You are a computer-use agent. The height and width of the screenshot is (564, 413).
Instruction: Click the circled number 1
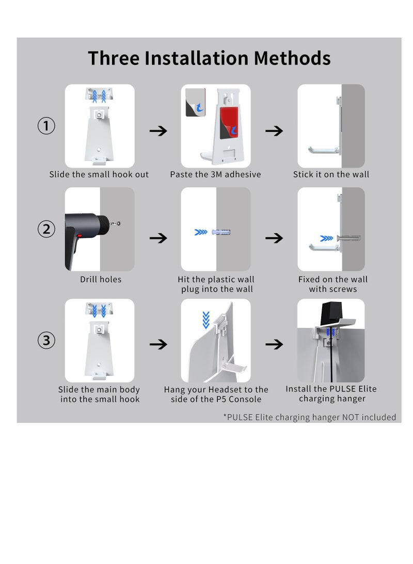point(46,126)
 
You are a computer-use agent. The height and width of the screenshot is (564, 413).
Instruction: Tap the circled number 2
point(46,229)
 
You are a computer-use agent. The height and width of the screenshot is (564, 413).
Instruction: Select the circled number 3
point(46,340)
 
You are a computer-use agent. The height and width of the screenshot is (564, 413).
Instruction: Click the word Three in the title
point(114,58)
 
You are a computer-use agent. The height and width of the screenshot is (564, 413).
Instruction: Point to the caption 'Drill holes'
point(101,280)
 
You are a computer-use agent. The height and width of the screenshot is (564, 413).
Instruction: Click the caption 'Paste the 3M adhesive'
point(215,174)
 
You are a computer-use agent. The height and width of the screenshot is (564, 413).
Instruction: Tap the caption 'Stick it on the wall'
point(331,174)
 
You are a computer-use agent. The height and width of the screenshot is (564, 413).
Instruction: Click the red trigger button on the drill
point(80,236)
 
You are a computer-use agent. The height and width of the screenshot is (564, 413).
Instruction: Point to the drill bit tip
point(119,223)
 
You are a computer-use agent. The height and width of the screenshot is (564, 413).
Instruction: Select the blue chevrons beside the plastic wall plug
point(201,232)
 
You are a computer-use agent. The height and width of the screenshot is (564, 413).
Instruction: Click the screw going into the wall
point(348,238)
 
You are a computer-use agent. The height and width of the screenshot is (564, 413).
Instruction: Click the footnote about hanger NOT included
point(310,417)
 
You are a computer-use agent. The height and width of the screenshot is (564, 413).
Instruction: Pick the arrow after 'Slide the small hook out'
point(158,131)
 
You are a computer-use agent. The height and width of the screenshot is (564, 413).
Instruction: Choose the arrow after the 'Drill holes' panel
point(158,238)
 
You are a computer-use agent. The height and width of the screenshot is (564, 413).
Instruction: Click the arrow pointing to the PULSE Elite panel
point(274,345)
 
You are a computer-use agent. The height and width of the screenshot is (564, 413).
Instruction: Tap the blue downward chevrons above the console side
point(206,320)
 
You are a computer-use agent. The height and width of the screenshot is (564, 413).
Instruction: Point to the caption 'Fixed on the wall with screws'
point(333,284)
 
